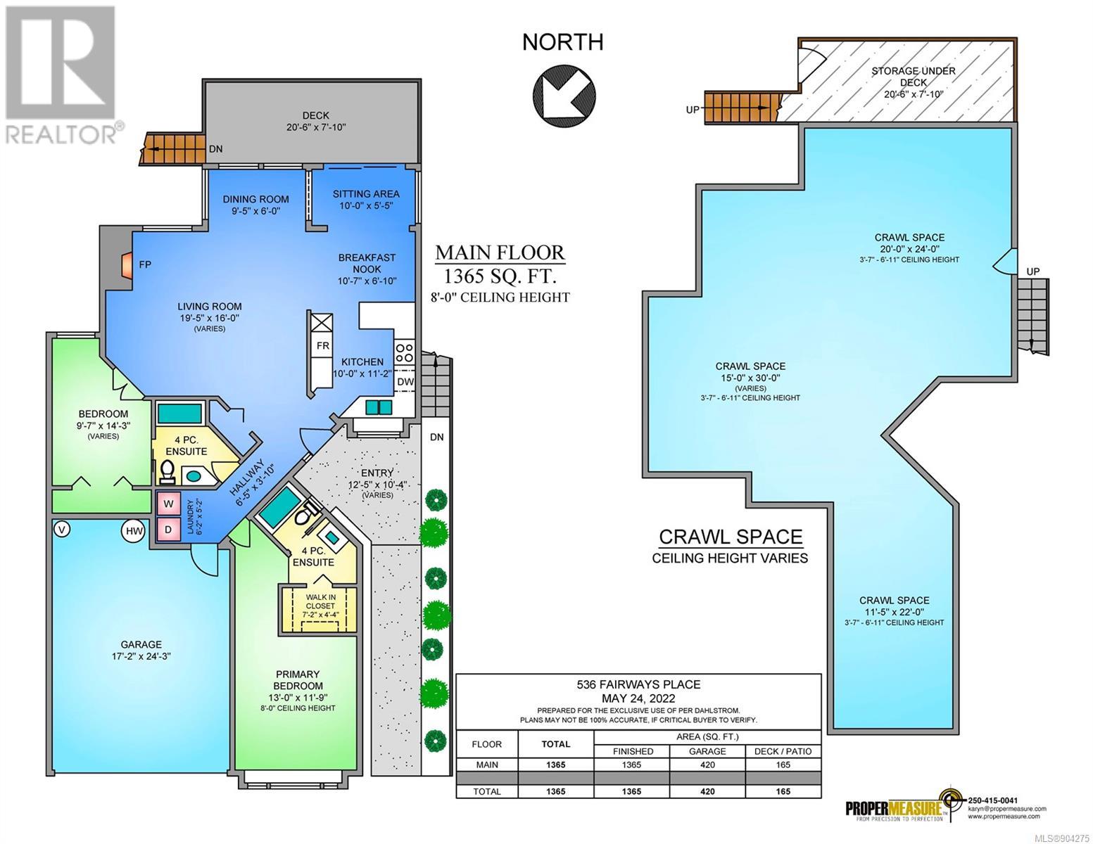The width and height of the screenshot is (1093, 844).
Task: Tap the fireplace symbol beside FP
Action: [127, 264]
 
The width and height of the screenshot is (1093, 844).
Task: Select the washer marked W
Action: [168, 504]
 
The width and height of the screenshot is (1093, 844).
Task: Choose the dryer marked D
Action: [168, 530]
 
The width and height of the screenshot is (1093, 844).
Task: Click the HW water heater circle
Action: [134, 531]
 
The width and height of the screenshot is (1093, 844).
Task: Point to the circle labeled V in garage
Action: [62, 529]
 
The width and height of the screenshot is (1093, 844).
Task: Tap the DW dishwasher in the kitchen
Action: [405, 381]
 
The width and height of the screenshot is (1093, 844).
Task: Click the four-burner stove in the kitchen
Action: [405, 352]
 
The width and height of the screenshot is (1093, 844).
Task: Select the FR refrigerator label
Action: [322, 346]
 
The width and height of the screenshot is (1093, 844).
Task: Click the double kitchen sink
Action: [379, 407]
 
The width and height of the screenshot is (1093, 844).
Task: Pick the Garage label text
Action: [141, 644]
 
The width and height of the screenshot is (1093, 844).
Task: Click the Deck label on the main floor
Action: [316, 115]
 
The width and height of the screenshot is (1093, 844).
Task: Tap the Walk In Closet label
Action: [320, 602]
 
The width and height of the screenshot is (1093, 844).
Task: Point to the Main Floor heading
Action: [500, 252]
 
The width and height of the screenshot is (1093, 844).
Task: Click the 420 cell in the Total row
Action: [707, 791]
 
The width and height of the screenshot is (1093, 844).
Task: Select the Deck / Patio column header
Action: [783, 751]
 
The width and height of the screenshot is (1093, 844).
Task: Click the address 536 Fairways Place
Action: [638, 684]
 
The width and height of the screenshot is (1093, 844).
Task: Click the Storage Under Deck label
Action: [914, 77]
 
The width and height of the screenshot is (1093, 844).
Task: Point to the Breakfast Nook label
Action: [367, 264]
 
